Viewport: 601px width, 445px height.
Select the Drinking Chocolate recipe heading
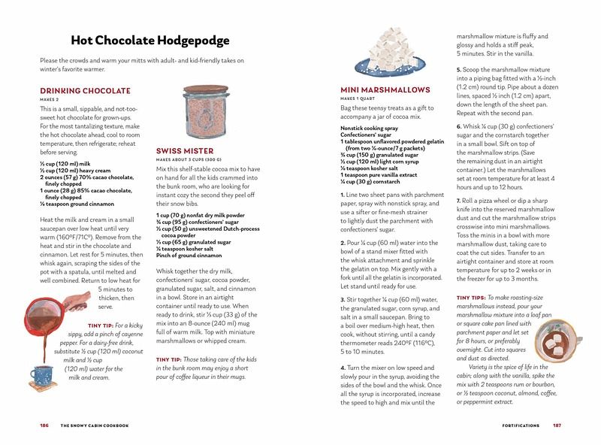(85, 91)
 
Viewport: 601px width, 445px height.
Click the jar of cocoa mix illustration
(205, 110)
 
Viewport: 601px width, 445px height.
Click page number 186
(44, 425)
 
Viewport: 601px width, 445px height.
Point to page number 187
(557, 425)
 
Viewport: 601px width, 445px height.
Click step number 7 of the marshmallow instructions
(458, 201)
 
